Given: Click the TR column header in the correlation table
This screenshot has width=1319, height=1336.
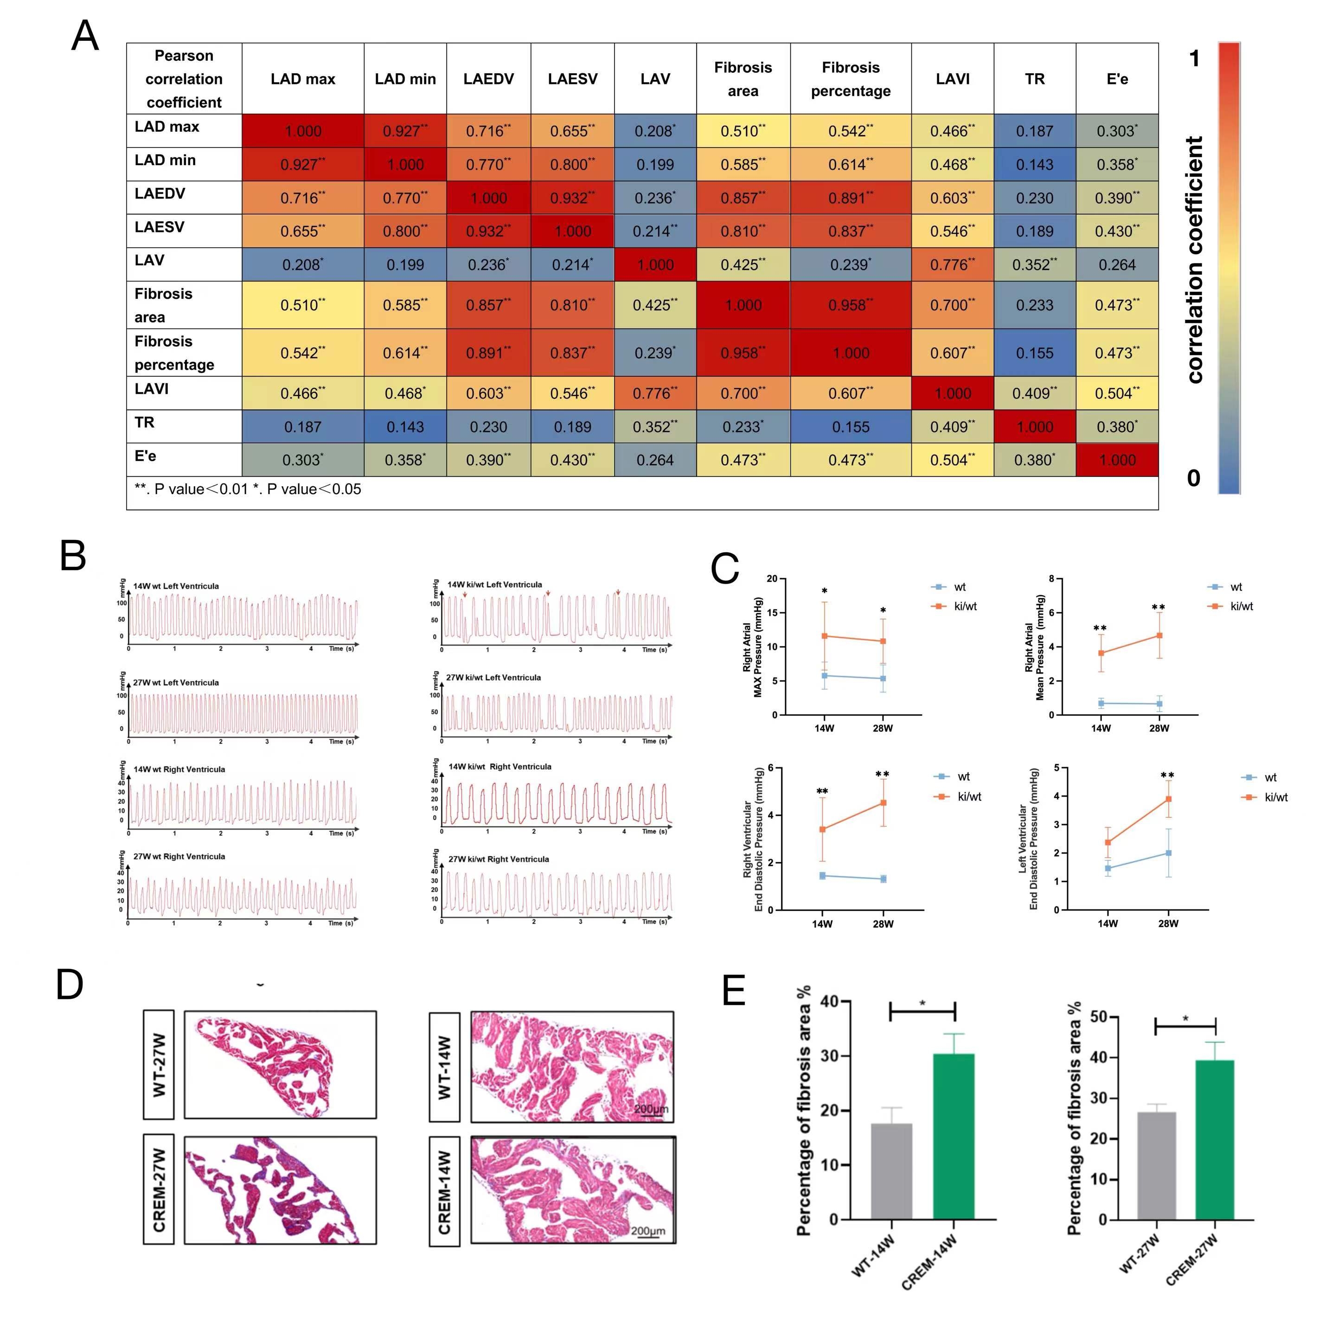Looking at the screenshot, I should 1034,79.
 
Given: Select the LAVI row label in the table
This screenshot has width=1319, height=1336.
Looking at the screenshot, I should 152,389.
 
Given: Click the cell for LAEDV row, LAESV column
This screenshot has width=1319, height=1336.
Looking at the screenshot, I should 572,198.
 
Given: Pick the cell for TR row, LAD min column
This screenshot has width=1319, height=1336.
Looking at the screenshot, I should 405,427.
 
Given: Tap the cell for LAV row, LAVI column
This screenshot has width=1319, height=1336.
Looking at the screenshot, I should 953,265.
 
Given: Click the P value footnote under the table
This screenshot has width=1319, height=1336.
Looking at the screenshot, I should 248,489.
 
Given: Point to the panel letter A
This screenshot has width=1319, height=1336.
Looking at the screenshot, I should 85,36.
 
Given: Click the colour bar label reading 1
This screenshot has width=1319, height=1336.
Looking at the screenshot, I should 1194,59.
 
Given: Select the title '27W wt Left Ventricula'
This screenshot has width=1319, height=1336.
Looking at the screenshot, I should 176,682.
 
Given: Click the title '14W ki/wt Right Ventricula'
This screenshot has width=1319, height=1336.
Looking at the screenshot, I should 500,766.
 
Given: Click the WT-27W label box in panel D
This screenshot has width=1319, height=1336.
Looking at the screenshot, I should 159,1064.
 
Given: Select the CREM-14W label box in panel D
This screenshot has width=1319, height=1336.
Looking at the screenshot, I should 444,1191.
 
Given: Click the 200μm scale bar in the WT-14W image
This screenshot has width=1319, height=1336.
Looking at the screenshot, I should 651,1109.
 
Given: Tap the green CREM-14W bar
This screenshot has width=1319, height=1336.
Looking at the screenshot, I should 953,1137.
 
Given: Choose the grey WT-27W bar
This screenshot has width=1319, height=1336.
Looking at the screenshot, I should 1156,1165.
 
